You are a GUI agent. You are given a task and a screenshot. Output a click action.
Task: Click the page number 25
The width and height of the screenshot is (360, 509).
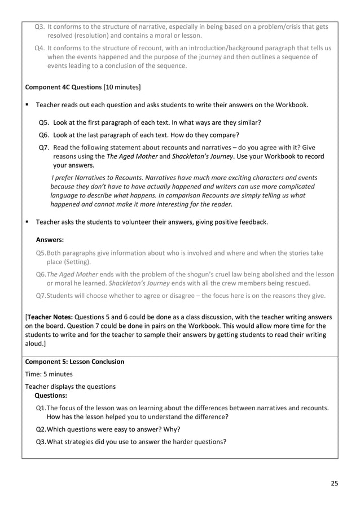tap(335, 483)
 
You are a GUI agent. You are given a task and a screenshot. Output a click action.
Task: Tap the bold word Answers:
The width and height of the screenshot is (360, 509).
tap(50, 239)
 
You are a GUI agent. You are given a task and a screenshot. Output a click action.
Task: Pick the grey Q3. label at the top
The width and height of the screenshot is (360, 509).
tap(40, 27)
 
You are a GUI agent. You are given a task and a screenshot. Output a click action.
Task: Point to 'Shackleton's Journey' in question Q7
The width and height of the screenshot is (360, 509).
tap(203, 157)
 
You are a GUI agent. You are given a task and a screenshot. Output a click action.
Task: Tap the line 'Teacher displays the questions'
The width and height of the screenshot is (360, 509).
tap(71, 387)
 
